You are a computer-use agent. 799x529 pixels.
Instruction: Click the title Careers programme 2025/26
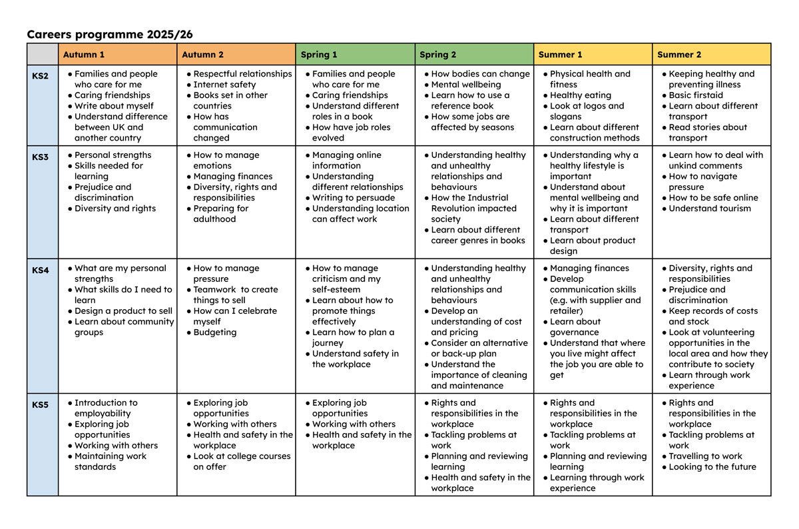(x=110, y=34)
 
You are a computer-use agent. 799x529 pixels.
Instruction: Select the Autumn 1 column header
(x=84, y=55)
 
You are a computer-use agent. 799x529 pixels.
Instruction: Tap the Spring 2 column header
(x=437, y=55)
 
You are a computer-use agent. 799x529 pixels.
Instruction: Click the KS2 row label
(x=41, y=76)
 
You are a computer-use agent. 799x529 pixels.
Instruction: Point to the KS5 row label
(x=41, y=404)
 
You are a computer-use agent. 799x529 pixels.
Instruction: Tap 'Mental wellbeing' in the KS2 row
(x=465, y=85)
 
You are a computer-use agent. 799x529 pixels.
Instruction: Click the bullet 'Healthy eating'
(x=580, y=95)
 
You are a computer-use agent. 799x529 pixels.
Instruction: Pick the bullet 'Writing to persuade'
(x=353, y=198)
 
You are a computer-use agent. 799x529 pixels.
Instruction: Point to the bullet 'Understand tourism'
(x=709, y=209)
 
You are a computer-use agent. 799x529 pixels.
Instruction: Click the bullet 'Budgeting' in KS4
(x=214, y=332)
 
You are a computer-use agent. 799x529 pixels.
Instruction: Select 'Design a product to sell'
(x=123, y=311)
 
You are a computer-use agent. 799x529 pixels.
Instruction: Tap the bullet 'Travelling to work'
(x=705, y=456)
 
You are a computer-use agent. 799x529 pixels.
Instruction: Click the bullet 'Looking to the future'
(x=712, y=467)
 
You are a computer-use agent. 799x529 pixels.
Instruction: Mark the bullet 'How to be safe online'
(x=713, y=198)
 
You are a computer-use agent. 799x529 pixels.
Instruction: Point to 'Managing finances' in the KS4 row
(x=589, y=268)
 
